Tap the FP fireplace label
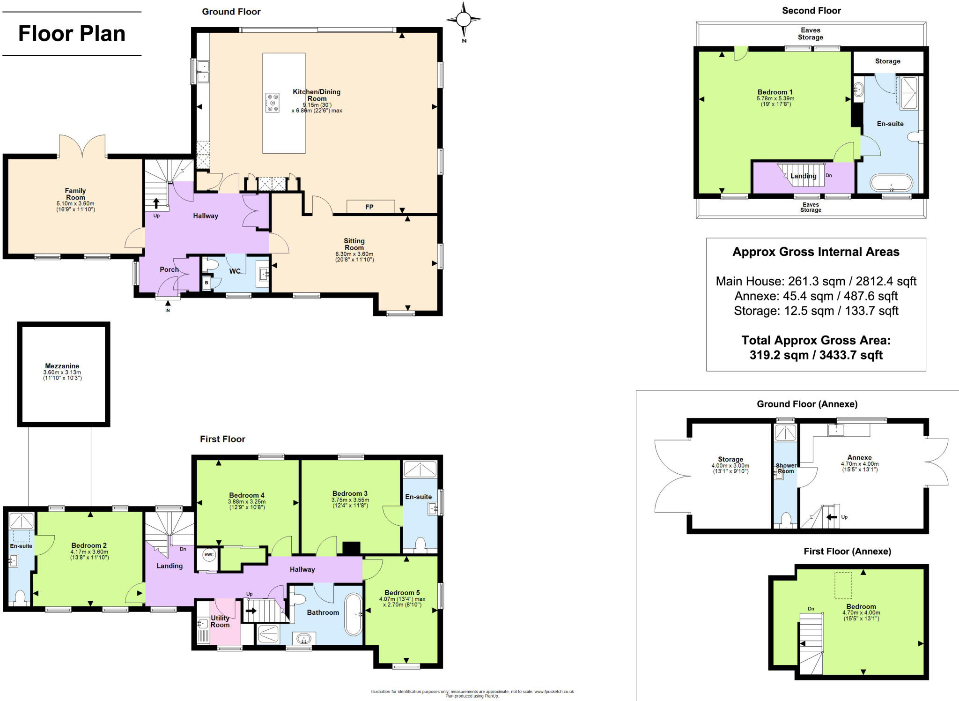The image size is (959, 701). point(369,207)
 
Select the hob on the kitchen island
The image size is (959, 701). point(273,103)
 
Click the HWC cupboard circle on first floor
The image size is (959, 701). point(208,555)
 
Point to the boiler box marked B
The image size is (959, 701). point(207,283)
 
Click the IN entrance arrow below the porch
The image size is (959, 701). point(168,306)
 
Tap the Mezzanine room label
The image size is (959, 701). point(62,366)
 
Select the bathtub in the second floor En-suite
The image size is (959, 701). point(891,183)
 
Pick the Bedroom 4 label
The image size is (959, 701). point(247,495)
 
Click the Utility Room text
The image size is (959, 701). point(220,621)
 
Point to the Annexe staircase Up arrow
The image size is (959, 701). point(832,517)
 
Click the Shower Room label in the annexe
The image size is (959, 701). point(786,468)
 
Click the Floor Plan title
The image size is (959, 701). point(72,34)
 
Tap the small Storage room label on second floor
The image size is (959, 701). point(887,61)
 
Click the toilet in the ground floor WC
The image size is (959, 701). point(210,265)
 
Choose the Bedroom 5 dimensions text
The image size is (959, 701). point(402,602)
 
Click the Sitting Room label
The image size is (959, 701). point(354,244)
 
